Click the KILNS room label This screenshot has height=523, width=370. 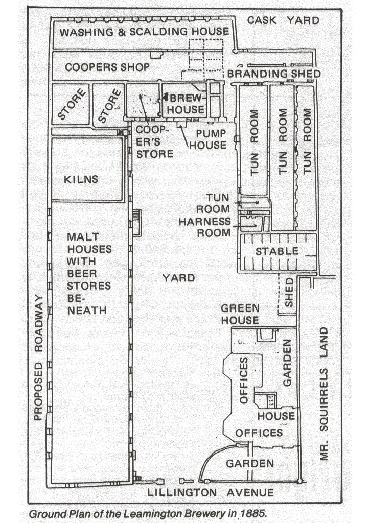coord(81,179)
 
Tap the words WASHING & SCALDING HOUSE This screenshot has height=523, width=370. coord(144,32)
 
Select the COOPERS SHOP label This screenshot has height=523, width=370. coord(107,67)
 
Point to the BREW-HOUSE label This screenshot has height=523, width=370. coord(186,104)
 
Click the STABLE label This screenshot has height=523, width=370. coord(277,251)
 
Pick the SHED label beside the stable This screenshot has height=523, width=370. coord(289,293)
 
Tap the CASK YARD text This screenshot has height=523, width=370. coord(283,20)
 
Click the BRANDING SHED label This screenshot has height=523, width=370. coord(274,74)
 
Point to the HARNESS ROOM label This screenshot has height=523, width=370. coord(204,227)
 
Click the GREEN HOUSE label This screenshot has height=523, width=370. coord(240,314)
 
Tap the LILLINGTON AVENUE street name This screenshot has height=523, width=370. coord(211,492)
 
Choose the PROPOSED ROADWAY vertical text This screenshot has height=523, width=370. coord(39,358)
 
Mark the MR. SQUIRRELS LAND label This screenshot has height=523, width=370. coord(324,394)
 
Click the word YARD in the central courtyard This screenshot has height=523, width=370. coord(178,278)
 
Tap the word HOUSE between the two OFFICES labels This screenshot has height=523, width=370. coord(276,416)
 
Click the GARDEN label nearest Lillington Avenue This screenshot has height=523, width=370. coord(250,464)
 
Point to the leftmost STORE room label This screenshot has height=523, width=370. coord(72,104)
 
